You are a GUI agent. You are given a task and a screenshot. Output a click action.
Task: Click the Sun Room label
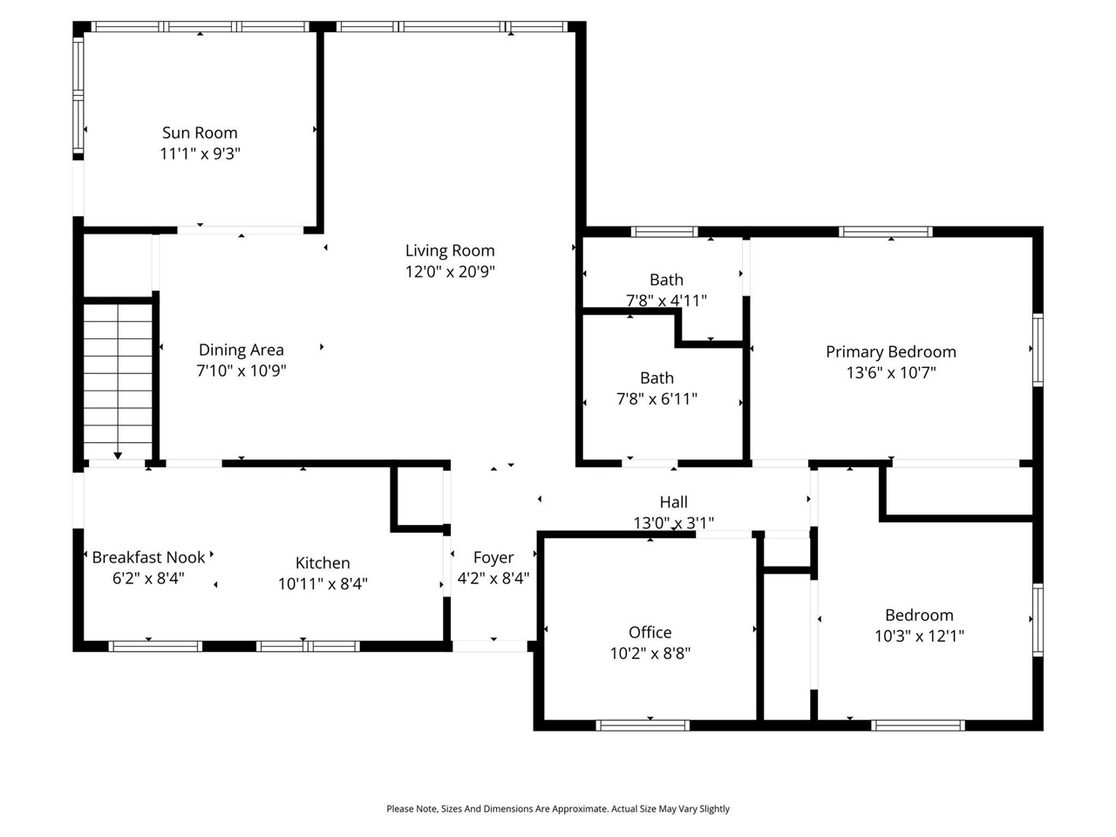click(x=200, y=133)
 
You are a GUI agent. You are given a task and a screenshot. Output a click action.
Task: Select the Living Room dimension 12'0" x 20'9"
click(x=450, y=271)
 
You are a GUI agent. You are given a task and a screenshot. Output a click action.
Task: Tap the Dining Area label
click(x=241, y=350)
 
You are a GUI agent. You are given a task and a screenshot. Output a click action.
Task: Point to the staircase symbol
click(x=118, y=375)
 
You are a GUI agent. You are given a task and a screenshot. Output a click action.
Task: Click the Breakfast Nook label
click(x=148, y=557)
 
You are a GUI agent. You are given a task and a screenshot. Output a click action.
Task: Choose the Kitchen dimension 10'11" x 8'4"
click(x=323, y=583)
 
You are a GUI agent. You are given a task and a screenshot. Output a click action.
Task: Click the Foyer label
click(x=493, y=557)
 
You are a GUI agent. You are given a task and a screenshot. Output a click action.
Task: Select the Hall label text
click(x=673, y=502)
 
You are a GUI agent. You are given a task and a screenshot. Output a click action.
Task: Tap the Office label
click(x=650, y=632)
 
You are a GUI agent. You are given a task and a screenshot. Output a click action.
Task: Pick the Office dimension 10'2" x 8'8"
click(x=650, y=653)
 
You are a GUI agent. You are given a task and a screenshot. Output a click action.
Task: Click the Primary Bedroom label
click(x=891, y=351)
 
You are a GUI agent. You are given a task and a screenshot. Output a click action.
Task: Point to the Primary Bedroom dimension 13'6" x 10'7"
click(x=891, y=372)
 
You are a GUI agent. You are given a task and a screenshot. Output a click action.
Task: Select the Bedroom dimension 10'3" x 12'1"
click(x=919, y=636)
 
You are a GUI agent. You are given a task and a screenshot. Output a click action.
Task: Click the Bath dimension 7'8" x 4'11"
click(x=666, y=301)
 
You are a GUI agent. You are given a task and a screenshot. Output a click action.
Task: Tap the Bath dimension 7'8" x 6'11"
click(x=657, y=398)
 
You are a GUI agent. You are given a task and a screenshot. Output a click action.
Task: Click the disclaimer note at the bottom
click(x=558, y=809)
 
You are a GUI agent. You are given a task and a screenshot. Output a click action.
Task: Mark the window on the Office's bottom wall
click(x=643, y=725)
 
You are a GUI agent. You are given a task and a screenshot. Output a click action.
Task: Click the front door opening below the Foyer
click(x=492, y=646)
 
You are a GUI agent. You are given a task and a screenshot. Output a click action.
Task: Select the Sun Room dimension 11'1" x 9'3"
click(x=200, y=153)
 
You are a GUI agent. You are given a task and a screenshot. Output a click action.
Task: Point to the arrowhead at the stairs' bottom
click(x=118, y=454)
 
